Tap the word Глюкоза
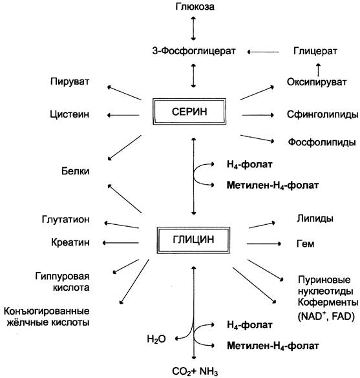[195, 6]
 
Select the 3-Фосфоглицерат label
[194, 51]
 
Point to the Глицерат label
[315, 51]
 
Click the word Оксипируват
[317, 82]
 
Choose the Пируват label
[70, 81]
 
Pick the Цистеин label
[69, 114]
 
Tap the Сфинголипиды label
[323, 114]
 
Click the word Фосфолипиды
[322, 142]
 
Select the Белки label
[75, 171]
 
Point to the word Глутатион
[65, 220]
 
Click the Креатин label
[70, 242]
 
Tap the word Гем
[305, 244]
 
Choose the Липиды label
[315, 218]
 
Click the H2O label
[156, 339]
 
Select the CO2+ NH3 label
[195, 372]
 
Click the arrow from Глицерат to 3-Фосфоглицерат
[263, 52]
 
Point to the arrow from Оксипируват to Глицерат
[318, 70]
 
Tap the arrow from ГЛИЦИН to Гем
[264, 244]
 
